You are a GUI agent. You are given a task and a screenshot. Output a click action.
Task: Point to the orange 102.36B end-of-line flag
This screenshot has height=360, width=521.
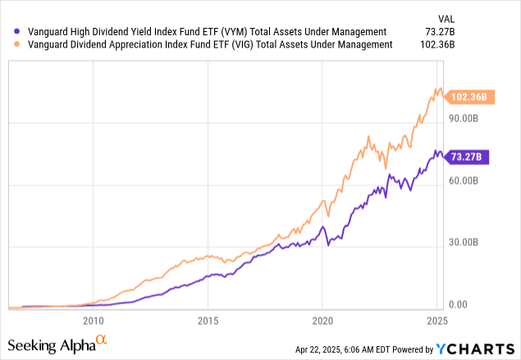pos(469,97)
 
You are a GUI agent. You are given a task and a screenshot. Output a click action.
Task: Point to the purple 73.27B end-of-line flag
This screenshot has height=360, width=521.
pos(468,157)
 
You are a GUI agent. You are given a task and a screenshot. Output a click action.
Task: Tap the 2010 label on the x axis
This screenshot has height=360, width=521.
pos(93,321)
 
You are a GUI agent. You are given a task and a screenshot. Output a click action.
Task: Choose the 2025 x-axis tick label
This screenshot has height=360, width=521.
pos(436,321)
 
